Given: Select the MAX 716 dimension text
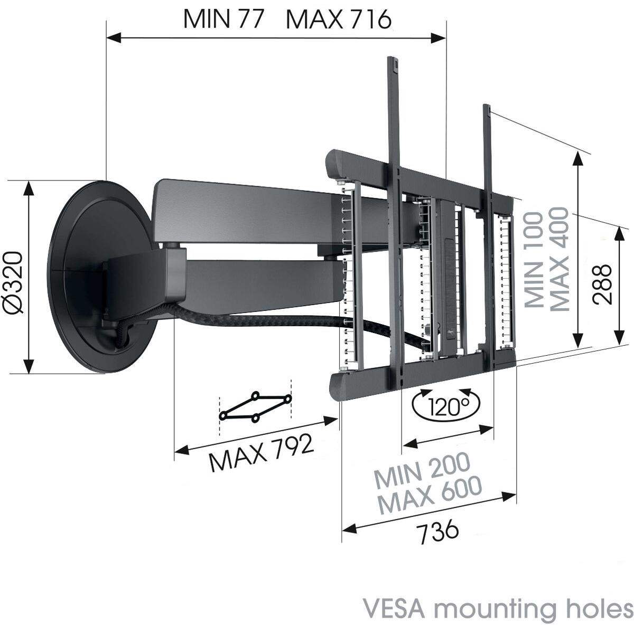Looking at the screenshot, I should click(338, 20).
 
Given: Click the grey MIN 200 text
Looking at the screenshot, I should click(422, 470).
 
